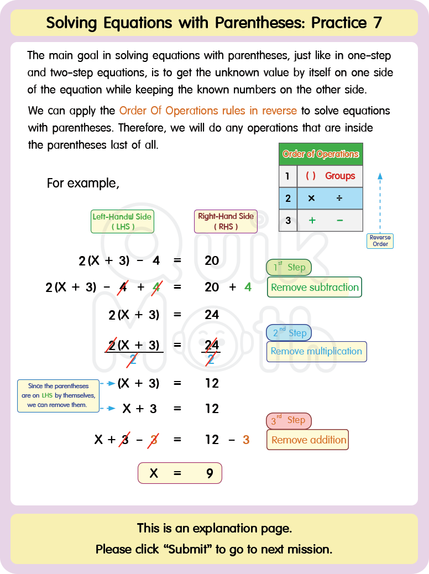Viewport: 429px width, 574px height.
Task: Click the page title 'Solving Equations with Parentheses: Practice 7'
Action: point(214,23)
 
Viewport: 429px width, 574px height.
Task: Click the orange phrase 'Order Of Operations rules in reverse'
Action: point(208,111)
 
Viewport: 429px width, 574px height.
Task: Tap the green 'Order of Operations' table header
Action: point(321,154)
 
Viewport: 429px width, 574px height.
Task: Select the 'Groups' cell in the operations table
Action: point(340,176)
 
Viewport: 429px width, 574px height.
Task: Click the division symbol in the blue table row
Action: point(339,198)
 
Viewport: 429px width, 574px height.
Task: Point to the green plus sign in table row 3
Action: point(312,220)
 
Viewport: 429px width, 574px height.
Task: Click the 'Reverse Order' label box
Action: point(380,241)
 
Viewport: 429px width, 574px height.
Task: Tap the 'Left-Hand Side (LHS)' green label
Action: point(122,221)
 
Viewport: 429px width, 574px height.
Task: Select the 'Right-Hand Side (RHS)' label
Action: point(226,221)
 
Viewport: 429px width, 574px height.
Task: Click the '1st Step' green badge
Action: point(289,268)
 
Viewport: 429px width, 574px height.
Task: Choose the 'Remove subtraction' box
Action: point(315,288)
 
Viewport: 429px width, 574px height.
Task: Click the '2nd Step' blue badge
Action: point(289,333)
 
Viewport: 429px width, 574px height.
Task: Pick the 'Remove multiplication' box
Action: point(316,352)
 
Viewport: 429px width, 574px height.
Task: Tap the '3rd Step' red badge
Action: point(289,420)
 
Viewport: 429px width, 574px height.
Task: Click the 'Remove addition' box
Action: point(308,440)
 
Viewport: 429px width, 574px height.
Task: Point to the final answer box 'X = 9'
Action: point(180,473)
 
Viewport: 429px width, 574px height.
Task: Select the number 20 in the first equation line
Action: point(212,260)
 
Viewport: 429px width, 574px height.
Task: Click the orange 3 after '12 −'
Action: point(246,440)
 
